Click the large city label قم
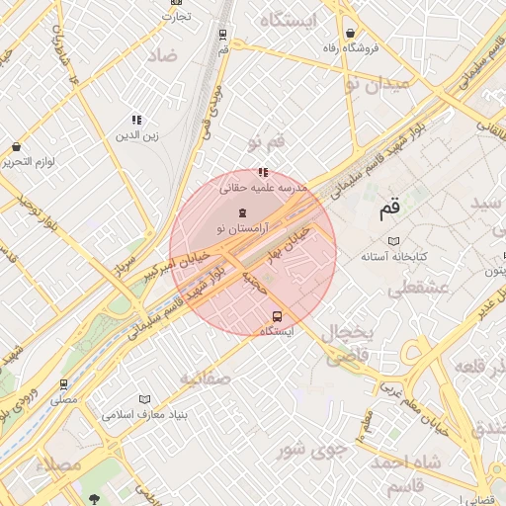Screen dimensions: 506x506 [x=390, y=209]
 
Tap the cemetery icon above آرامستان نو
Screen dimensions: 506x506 [x=243, y=212]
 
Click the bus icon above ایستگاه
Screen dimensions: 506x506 [x=277, y=317]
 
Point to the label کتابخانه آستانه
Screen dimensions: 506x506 [x=394, y=256]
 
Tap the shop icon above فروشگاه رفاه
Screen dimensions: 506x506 [x=350, y=33]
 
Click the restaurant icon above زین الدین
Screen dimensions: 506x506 [x=136, y=120]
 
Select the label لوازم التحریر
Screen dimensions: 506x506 [x=30, y=161]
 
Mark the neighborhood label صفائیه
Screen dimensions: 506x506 [x=205, y=378]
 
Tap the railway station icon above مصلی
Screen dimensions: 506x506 [x=64, y=384]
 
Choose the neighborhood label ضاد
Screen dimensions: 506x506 [x=163, y=55]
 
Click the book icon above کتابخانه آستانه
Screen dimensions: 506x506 [x=394, y=241]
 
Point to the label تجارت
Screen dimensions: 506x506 [x=175, y=16]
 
